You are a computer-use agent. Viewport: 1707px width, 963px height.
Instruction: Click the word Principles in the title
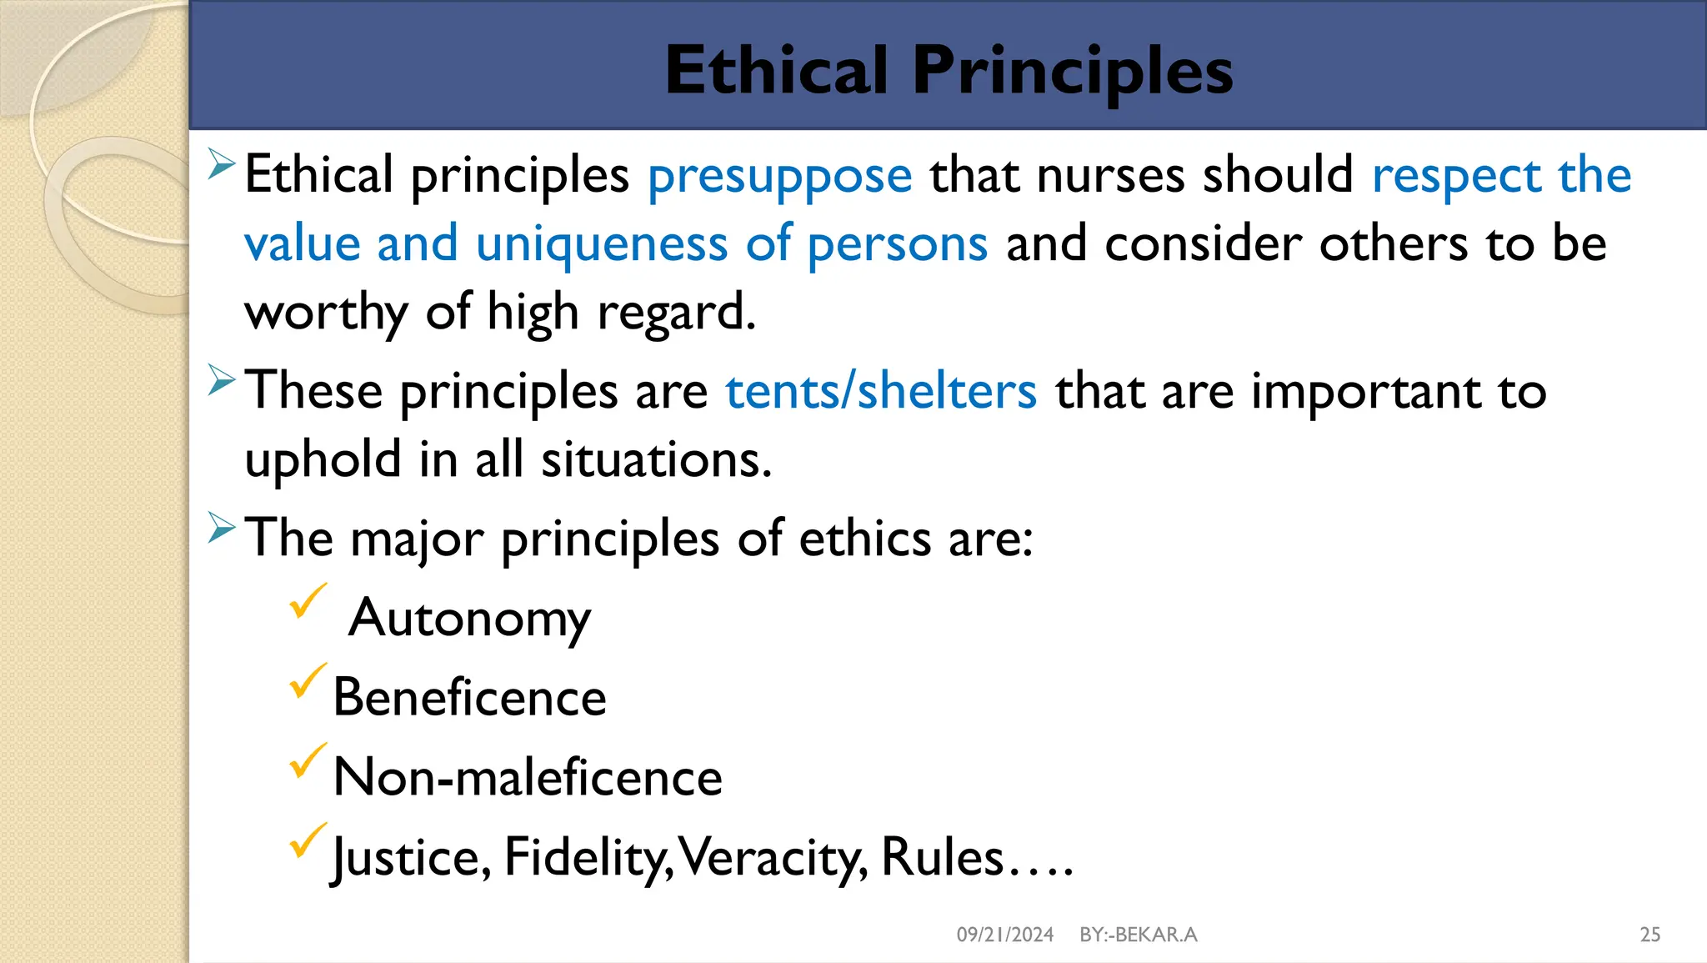[x=1072, y=71]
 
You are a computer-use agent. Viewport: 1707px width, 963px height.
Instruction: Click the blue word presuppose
[x=779, y=176]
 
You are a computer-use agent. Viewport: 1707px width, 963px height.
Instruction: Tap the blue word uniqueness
[x=602, y=244]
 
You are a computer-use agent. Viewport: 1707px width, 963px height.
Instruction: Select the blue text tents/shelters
[x=881, y=391]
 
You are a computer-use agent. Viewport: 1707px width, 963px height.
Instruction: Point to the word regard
[x=675, y=313]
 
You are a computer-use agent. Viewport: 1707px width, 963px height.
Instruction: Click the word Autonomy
[x=469, y=619]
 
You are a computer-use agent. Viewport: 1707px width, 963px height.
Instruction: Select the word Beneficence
[x=469, y=698]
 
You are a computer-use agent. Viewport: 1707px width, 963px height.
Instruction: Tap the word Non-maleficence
[x=527, y=777]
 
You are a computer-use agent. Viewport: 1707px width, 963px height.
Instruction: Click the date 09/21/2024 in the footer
[x=1004, y=935]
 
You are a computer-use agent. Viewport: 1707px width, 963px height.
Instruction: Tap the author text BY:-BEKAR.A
[x=1138, y=935]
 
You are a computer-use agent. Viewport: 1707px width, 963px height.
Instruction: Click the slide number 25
[x=1649, y=935]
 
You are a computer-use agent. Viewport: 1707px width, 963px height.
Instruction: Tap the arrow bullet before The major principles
[x=222, y=528]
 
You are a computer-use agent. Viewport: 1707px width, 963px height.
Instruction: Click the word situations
[x=656, y=460]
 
